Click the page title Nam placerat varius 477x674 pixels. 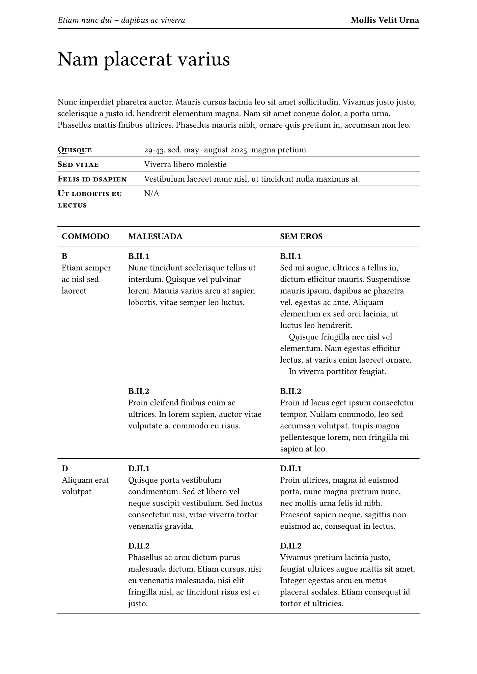tap(144, 59)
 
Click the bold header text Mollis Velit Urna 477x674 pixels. tap(385, 20)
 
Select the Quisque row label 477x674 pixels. tap(75, 150)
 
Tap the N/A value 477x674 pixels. tap(151, 194)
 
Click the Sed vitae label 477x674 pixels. tap(78, 164)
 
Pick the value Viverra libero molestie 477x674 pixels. tap(185, 164)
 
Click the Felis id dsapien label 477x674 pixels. tap(92, 179)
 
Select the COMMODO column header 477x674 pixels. tap(85, 237)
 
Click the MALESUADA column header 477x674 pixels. tap(155, 237)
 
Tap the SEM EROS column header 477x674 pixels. tap(301, 237)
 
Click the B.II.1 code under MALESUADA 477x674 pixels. tap(139, 256)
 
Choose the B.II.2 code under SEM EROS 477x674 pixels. tap(290, 391)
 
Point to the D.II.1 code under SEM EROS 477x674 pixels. tap(291, 469)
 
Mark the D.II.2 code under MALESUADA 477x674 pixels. tap(139, 546)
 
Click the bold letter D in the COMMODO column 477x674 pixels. tap(65, 469)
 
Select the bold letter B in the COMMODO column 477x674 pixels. tap(64, 256)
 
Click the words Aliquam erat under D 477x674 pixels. tap(85, 480)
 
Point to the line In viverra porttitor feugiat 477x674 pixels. tap(337, 372)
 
